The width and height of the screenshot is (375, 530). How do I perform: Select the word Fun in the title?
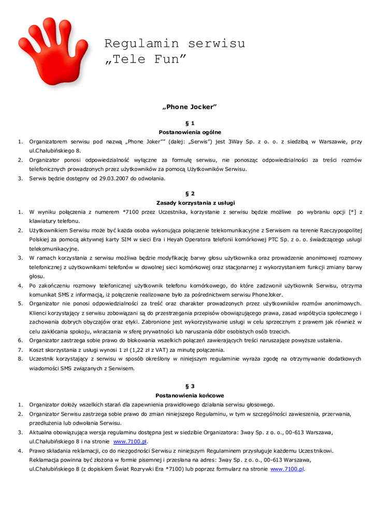pos(167,60)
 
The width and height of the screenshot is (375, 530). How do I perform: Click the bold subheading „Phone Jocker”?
pos(189,107)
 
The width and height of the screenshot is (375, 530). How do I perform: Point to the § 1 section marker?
pos(190,124)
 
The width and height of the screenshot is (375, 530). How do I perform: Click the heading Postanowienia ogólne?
pos(190,132)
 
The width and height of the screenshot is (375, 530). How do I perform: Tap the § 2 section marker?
pos(190,194)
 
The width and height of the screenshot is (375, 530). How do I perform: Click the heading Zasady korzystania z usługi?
pos(190,202)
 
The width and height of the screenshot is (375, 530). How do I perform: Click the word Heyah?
pos(186,239)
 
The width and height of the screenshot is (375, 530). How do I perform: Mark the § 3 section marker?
pos(190,386)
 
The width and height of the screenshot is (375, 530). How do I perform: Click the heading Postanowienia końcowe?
pos(190,395)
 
